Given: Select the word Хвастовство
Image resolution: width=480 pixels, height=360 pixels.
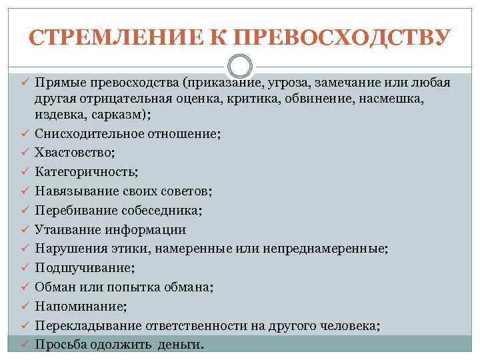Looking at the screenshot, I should tap(74, 152).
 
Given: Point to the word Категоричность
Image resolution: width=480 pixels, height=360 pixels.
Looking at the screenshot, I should tap(86, 171).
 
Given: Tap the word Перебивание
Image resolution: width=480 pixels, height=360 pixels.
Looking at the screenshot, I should tap(77, 210).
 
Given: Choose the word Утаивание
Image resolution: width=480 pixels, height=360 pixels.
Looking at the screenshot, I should tap(68, 229).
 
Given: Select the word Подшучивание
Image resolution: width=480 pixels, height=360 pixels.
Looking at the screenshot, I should tap(83, 267).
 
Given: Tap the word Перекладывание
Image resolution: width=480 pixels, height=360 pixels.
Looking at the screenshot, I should tap(85, 325).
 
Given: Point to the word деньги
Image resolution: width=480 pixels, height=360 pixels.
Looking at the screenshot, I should tap(182, 345).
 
